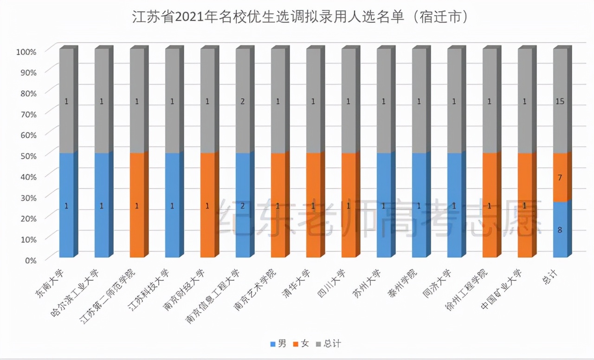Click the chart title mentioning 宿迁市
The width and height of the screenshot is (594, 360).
[x=297, y=18]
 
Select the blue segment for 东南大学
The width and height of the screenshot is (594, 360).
[x=66, y=205]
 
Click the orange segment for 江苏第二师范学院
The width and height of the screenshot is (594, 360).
[x=137, y=205]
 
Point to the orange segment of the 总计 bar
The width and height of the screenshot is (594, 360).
[x=560, y=178]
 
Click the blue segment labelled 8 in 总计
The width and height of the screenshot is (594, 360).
[x=560, y=230]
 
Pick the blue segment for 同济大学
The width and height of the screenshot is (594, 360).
[x=454, y=205]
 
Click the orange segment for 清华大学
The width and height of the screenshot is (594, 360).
[x=313, y=205]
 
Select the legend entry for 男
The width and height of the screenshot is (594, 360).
[x=278, y=344]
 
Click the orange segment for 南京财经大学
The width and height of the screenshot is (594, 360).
[x=207, y=205]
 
